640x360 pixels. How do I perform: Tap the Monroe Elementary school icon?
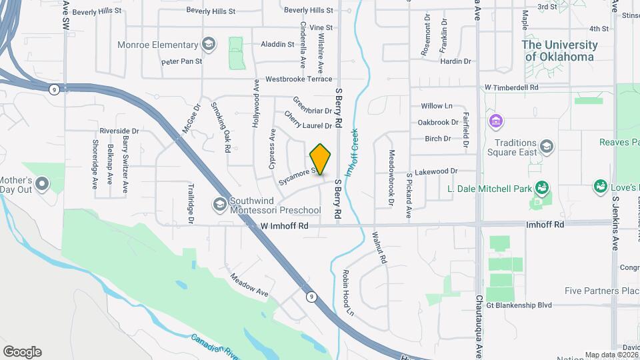[x=209, y=45]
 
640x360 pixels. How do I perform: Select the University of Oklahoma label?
[x=559, y=51]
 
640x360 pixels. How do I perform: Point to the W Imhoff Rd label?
[x=285, y=226]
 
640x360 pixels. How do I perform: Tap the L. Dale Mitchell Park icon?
[x=542, y=187]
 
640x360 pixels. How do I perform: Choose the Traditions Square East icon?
[x=547, y=146]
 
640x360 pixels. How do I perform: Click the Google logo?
[x=22, y=352]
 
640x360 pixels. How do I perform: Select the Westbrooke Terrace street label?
[x=298, y=79]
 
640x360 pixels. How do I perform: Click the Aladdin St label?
[x=277, y=44]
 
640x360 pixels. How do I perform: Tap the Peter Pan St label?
[x=181, y=62]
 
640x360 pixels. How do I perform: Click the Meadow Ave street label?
[x=249, y=284]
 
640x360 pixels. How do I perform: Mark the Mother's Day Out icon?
[x=43, y=183]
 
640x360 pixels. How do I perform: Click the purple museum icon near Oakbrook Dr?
[x=495, y=122]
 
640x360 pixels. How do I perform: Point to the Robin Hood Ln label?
[x=347, y=292]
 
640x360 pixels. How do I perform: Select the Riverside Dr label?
[x=119, y=131]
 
